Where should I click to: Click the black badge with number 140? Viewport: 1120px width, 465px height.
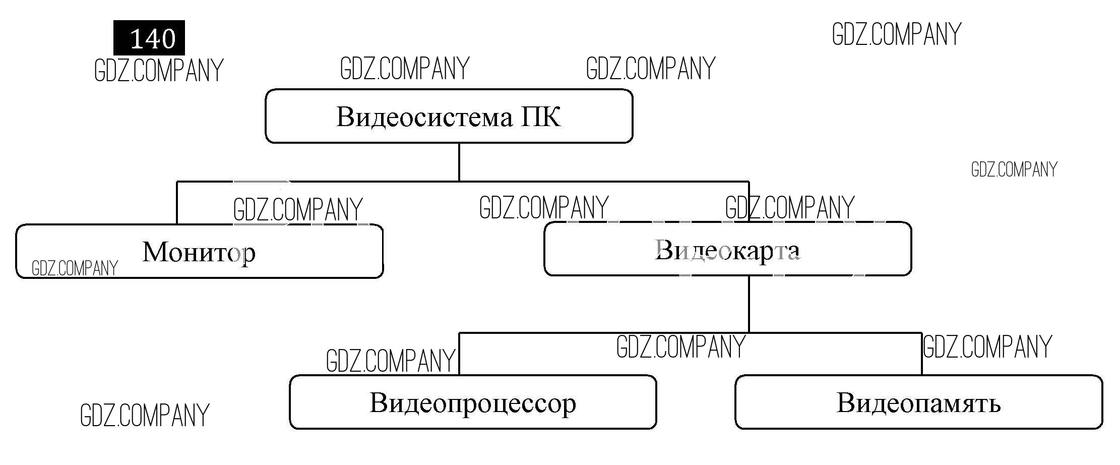149,38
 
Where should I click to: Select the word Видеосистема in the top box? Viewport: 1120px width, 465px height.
424,117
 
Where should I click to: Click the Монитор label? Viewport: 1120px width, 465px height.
199,252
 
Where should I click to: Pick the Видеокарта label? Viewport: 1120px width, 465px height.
727,250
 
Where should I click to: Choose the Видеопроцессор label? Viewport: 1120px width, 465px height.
473,403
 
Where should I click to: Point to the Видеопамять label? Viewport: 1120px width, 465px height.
918,403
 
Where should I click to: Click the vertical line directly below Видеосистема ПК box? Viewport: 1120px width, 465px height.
459,162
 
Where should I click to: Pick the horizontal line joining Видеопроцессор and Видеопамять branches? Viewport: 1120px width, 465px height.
554,333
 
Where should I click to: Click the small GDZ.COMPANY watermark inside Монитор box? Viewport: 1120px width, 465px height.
75,268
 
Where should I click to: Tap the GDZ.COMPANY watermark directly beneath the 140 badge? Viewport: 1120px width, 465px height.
159,71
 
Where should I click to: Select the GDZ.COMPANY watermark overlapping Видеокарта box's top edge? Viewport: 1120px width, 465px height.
790,208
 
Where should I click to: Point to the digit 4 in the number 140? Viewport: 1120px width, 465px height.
152,39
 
